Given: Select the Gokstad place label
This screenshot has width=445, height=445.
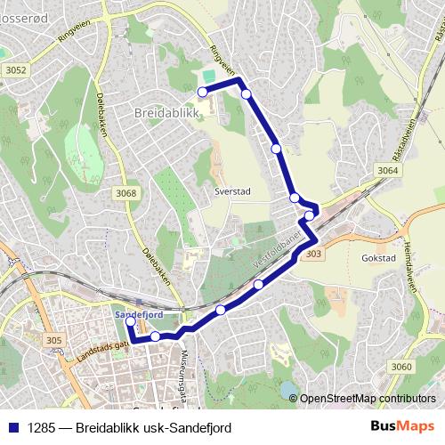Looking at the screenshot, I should tap(379, 258).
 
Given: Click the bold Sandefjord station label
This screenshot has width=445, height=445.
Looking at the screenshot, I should tap(138, 313).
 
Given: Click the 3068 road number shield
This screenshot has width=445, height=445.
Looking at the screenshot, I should tap(127, 192).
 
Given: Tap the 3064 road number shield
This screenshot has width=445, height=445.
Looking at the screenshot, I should tap(387, 170).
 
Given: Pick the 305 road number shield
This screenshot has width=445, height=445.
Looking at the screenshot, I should tap(54, 340).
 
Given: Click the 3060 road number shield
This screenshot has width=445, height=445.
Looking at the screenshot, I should tap(401, 367).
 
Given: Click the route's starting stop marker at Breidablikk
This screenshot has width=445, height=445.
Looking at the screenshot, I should tap(202, 92).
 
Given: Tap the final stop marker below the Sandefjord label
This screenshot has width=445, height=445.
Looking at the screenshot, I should tap(131, 322).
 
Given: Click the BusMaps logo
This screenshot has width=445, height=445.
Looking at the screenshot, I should tap(402, 428).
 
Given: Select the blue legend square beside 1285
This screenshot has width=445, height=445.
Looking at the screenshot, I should tap(13, 428).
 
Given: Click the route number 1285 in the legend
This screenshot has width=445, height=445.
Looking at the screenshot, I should tap(41, 428).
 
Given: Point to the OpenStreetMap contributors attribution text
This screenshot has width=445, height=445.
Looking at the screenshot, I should tap(368, 398).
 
